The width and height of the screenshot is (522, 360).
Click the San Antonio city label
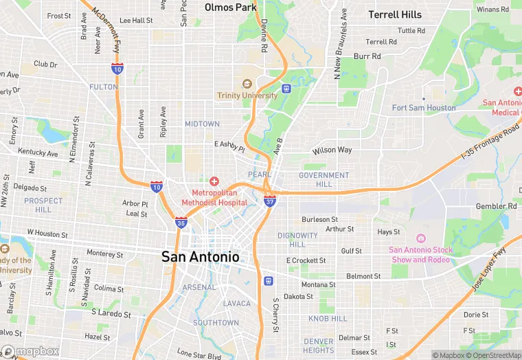[x=201, y=257]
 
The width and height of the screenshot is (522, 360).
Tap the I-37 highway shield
[x=270, y=200]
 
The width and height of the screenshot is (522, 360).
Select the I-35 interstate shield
[x=181, y=222]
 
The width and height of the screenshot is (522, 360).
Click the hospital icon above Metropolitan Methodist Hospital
[x=214, y=181]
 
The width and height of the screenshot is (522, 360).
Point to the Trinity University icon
[x=247, y=84]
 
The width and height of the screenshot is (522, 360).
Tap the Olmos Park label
[x=231, y=8]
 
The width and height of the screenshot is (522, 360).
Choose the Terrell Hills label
[x=395, y=14]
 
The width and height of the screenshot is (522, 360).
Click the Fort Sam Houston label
[x=424, y=108]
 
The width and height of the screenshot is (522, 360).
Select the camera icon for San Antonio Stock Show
[x=420, y=238]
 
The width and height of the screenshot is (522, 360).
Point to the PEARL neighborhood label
[x=260, y=175]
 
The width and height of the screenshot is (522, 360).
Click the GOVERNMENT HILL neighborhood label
[x=324, y=180]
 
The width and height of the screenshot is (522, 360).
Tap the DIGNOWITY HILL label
[x=297, y=240]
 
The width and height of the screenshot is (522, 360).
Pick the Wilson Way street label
[x=332, y=150]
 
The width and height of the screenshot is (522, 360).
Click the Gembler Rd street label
[x=496, y=206]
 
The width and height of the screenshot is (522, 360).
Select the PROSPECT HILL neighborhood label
[x=43, y=205]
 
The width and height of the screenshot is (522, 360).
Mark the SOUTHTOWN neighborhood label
[x=216, y=323]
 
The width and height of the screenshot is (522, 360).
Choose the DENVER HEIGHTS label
[x=319, y=346]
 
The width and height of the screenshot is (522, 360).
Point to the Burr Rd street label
[x=367, y=56]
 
